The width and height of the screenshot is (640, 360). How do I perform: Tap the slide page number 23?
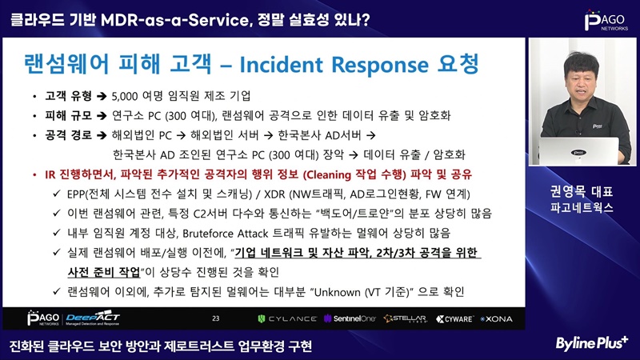click(x=216, y=318)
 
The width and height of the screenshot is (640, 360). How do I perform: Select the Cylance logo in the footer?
click(x=287, y=318)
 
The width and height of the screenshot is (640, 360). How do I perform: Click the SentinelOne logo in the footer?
click(x=350, y=318)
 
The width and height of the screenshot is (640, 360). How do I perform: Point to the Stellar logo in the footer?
click(x=406, y=318)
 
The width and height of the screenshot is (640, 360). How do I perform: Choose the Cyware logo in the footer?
click(x=455, y=318)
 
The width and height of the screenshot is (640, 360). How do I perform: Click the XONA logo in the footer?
click(x=496, y=318)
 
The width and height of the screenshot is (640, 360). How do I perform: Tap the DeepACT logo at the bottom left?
click(x=93, y=318)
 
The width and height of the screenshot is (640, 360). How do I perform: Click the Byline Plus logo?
click(x=592, y=343)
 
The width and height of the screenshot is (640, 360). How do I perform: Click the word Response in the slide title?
click(x=380, y=66)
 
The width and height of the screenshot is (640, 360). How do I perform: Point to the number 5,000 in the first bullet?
click(x=125, y=96)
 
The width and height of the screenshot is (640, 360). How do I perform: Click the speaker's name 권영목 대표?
click(x=582, y=192)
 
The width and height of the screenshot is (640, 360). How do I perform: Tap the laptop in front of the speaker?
click(x=579, y=150)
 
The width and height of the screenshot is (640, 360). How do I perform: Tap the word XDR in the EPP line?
click(x=275, y=194)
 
